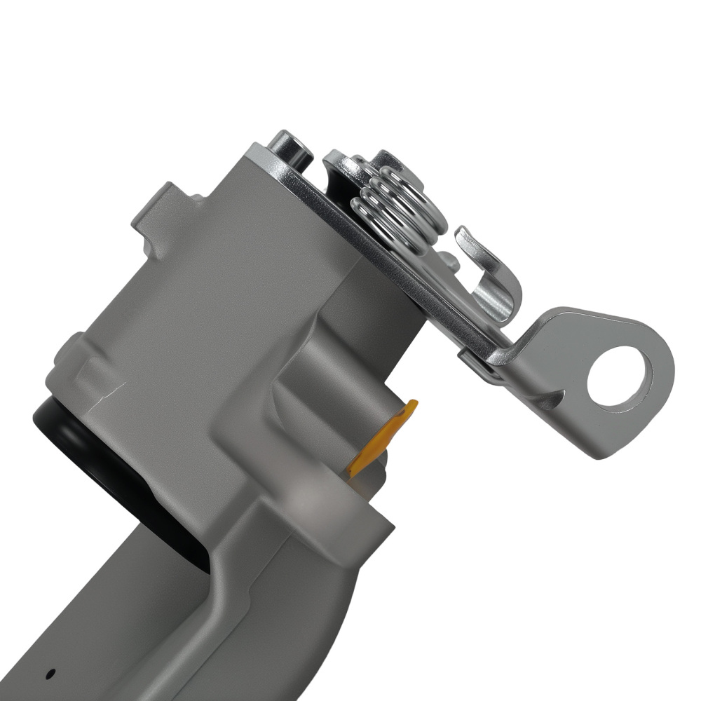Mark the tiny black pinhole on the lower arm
point(50,674)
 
